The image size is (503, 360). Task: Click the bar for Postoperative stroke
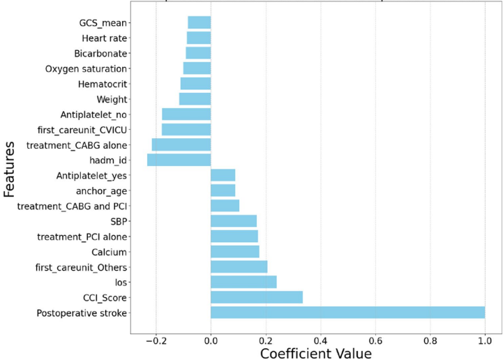click(347, 313)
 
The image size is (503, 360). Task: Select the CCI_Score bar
click(257, 297)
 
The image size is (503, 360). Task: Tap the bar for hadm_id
click(179, 160)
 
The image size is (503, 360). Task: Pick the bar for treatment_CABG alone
click(181, 144)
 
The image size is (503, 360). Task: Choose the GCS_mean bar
click(200, 22)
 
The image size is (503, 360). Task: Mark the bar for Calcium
click(235, 251)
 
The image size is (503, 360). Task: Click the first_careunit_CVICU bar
click(186, 129)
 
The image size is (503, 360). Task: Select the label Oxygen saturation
click(86, 68)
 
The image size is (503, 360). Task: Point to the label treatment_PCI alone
click(82, 237)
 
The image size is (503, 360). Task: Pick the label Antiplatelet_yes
click(91, 175)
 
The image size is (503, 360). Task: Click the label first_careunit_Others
click(82, 267)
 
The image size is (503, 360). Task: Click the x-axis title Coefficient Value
click(315, 352)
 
